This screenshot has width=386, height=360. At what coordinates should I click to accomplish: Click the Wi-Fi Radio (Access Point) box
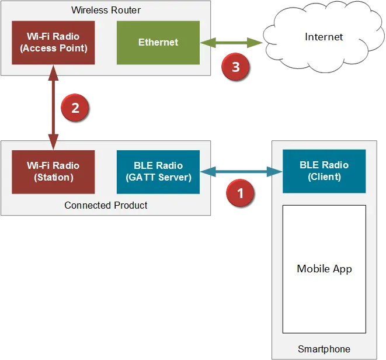(x=53, y=43)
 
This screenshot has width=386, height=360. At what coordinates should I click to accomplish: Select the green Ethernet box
(x=158, y=43)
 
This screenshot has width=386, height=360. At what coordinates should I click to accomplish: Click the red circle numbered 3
(x=235, y=67)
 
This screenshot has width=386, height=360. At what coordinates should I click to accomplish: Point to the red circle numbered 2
(x=74, y=108)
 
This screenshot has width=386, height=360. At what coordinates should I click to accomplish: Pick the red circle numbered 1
(x=240, y=191)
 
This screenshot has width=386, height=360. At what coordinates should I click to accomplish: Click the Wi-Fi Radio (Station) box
(x=53, y=172)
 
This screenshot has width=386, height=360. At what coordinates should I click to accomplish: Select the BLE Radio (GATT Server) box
(x=158, y=172)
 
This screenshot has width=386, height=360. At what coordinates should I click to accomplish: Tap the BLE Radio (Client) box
(x=324, y=171)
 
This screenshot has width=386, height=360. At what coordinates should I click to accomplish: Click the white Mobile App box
(x=324, y=269)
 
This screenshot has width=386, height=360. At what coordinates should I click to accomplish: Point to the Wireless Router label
(x=106, y=11)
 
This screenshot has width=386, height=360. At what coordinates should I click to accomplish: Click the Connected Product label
(x=106, y=206)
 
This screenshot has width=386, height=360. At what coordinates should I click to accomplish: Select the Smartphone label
(x=324, y=349)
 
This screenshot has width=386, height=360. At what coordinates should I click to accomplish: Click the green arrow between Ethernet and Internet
(x=231, y=43)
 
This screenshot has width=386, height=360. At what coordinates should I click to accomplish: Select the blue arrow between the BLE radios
(x=241, y=171)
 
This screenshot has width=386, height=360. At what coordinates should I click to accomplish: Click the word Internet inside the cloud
(x=324, y=37)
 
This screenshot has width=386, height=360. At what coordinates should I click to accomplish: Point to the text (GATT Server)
(x=158, y=177)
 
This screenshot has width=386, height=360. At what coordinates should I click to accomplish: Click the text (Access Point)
(x=53, y=49)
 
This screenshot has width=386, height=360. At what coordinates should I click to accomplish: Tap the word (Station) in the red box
(x=53, y=177)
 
